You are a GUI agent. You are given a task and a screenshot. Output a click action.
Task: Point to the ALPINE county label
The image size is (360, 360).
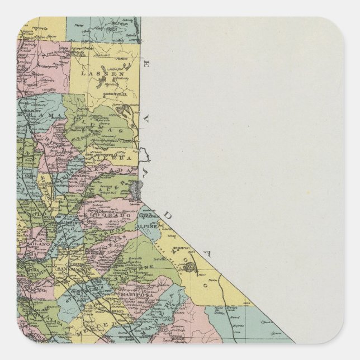point(149,220)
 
